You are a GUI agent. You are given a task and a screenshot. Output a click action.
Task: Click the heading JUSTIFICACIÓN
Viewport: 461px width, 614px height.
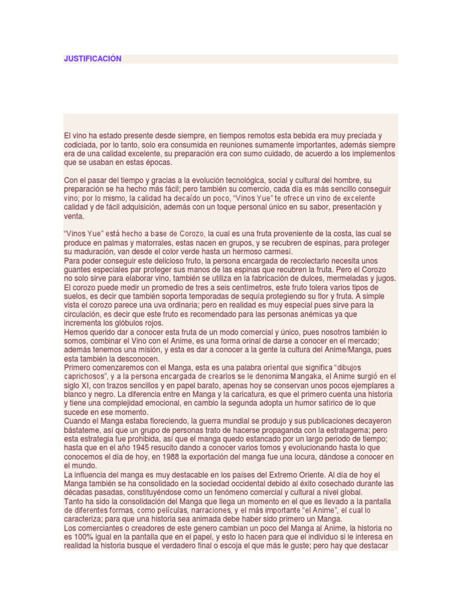click(x=93, y=59)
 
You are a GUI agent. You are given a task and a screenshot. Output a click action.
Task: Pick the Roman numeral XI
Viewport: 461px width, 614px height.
click(x=91, y=385)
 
